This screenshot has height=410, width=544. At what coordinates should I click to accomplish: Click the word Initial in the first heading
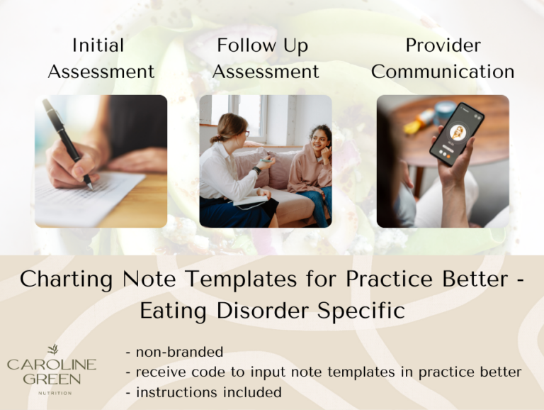[x=98, y=45]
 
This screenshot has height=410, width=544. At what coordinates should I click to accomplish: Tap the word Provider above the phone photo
[x=443, y=45]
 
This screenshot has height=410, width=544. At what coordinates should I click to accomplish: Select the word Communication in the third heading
[x=443, y=72]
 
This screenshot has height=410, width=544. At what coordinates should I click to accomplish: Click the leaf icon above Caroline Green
[x=52, y=350]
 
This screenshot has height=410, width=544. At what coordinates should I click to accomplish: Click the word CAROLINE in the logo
[x=52, y=365]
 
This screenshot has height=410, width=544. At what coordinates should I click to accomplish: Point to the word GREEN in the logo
[x=52, y=379]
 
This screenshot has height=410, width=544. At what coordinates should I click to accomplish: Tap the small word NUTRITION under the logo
[x=52, y=392]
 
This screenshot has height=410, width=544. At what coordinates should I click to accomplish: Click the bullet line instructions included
[x=203, y=392]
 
